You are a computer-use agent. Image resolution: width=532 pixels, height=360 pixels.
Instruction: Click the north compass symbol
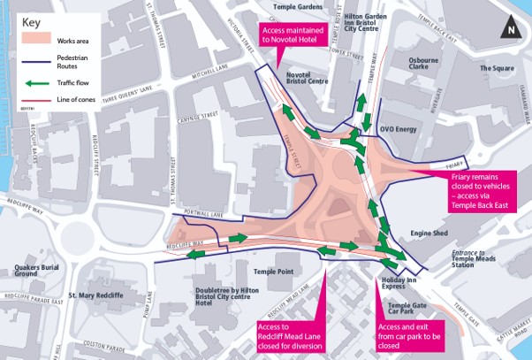pos(510,29)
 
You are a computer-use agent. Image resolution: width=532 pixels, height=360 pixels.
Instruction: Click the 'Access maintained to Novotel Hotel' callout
pos(296,34)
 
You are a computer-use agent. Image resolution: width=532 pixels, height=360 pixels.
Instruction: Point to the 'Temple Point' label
pos(272,272)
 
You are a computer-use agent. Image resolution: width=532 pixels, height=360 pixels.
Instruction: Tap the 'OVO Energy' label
pos(398,129)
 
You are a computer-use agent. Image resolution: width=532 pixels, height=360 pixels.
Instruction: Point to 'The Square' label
pos(497,68)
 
